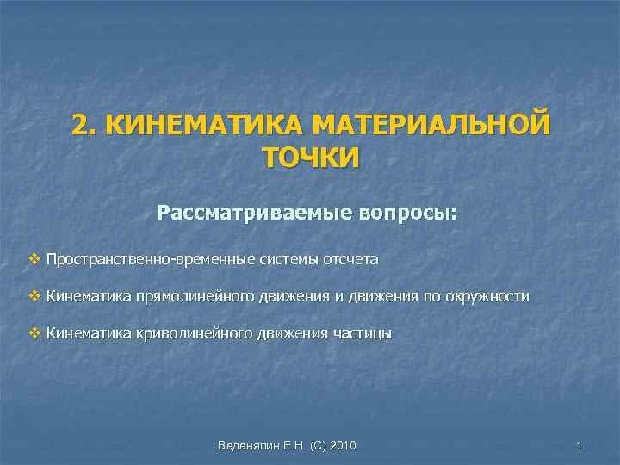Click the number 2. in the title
tap(83, 126)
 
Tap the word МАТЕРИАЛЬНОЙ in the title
tap(430, 126)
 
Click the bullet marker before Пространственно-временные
tap(34, 258)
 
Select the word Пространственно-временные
tap(134, 258)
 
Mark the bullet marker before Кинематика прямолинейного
tap(34, 296)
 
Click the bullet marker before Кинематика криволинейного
tap(34, 333)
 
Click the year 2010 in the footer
tap(341, 445)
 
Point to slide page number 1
tap(580, 445)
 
